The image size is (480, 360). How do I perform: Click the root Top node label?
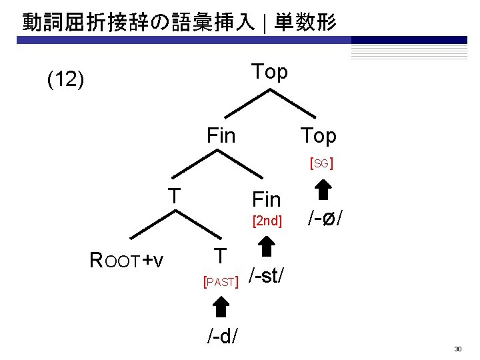tap(269, 71)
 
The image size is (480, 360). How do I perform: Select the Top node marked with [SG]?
tap(318, 136)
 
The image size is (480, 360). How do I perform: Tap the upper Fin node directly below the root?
tap(221, 136)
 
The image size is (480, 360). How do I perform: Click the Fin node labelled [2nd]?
tap(267, 199)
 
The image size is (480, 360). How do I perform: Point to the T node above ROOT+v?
tap(175, 196)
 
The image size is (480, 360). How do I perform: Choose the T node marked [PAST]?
tap(221, 256)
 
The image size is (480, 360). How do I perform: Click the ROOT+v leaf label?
tap(127, 260)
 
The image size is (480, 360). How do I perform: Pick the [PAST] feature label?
tap(221, 282)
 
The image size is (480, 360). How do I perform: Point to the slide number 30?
tap(458, 349)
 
